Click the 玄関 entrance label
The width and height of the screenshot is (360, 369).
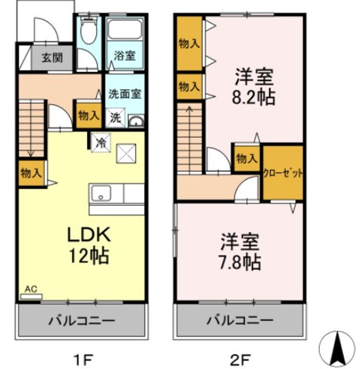pos(53,57)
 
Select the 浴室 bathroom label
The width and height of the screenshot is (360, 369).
pos(125,56)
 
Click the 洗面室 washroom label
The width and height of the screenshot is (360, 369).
pos(125,94)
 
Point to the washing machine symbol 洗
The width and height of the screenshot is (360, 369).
pos(115,117)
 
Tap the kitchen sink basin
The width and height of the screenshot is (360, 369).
pos(102,194)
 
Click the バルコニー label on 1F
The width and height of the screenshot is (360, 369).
pos(82,321)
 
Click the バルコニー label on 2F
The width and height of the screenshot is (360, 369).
pos(240,321)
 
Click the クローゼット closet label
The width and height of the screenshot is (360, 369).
pos(283,173)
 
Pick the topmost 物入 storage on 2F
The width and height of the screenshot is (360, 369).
pos(189,44)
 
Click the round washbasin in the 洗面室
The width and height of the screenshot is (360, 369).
pos(136,121)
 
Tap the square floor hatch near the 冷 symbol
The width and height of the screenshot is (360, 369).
pos(125,153)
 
